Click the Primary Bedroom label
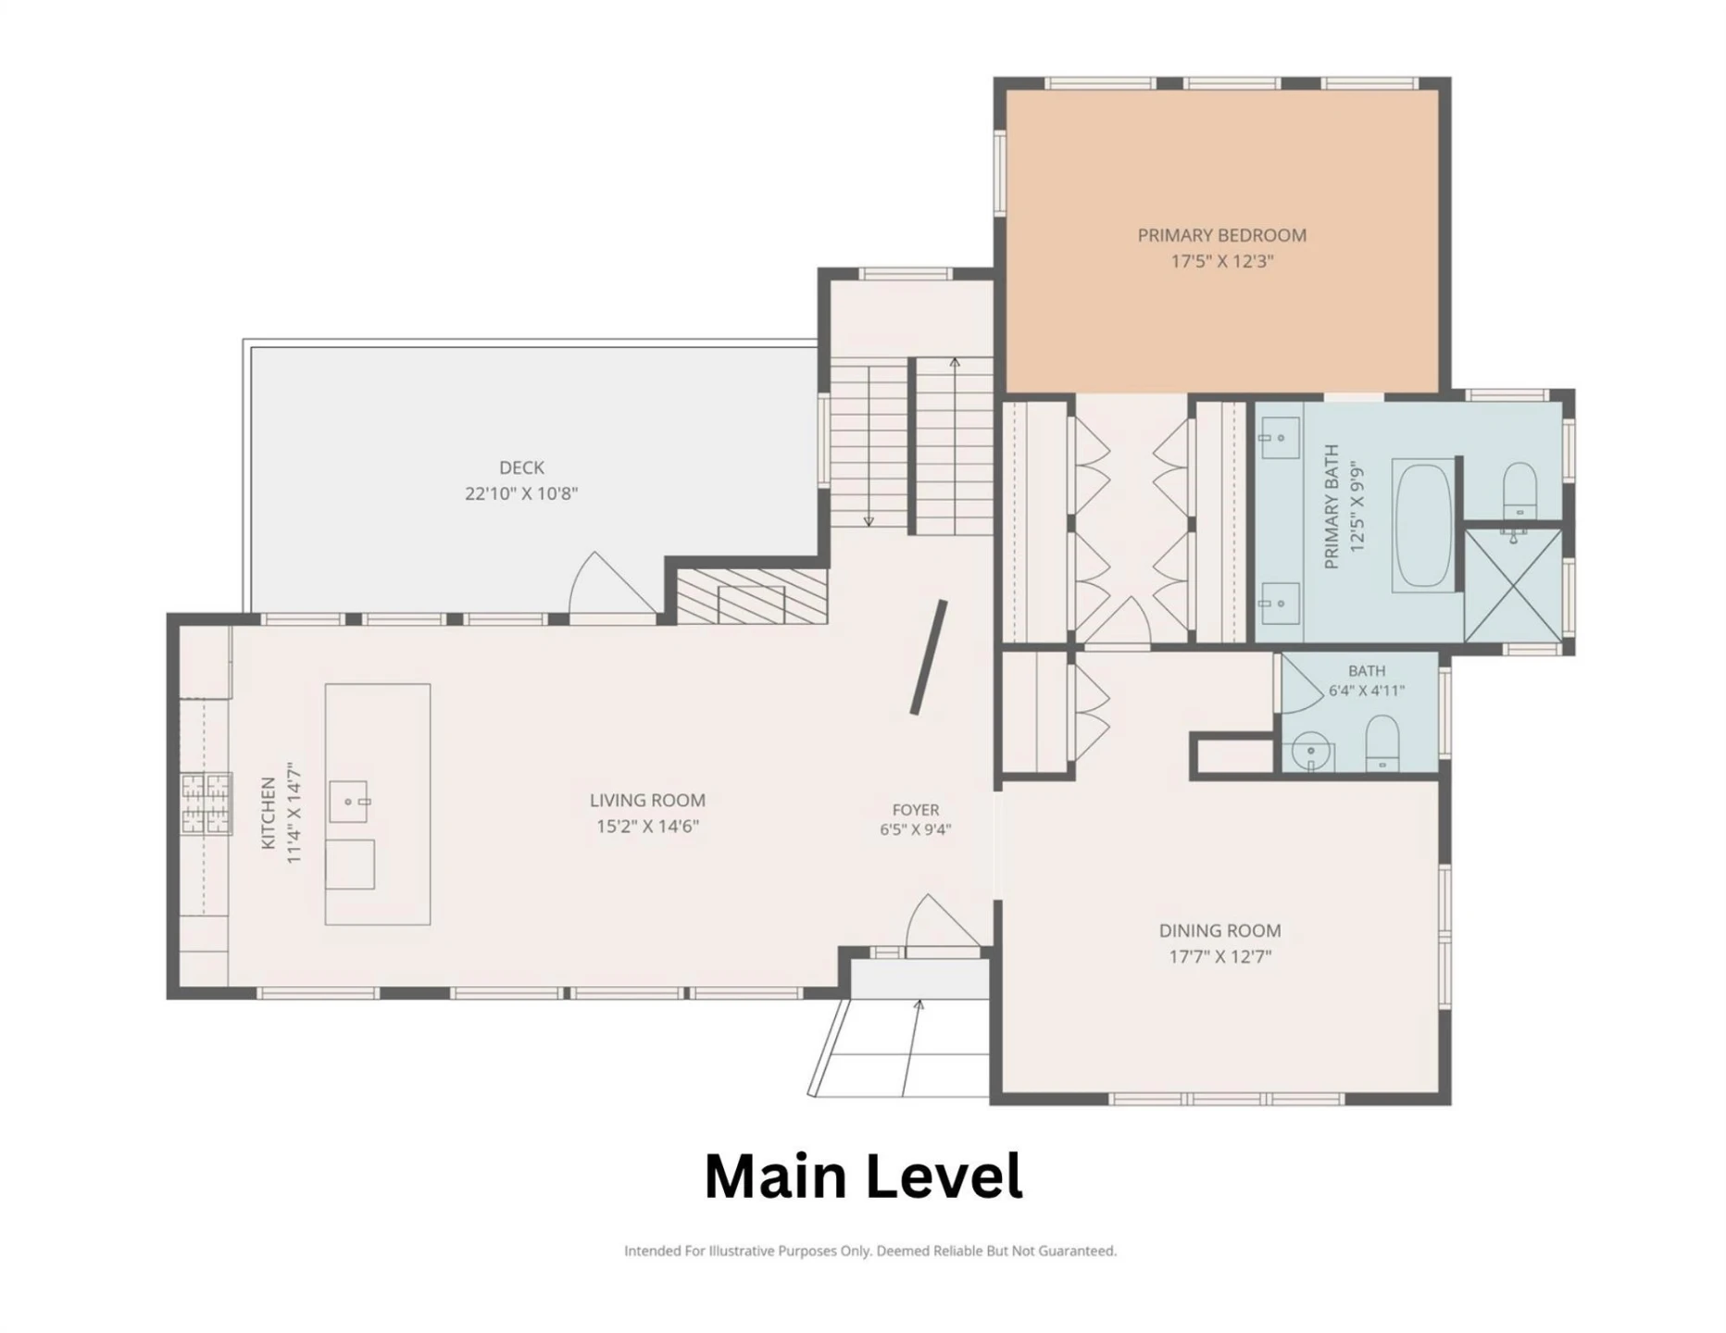point(1221,235)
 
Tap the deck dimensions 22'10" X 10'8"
point(521,493)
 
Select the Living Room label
point(647,800)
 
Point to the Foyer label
point(915,810)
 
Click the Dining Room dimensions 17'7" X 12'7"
point(1219,956)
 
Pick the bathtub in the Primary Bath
point(1423,525)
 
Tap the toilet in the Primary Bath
point(1519,491)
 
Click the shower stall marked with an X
point(1513,585)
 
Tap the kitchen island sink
point(348,802)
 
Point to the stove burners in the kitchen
point(206,803)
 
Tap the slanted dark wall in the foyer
point(928,657)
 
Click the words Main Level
point(863,1176)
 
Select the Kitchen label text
point(268,813)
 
